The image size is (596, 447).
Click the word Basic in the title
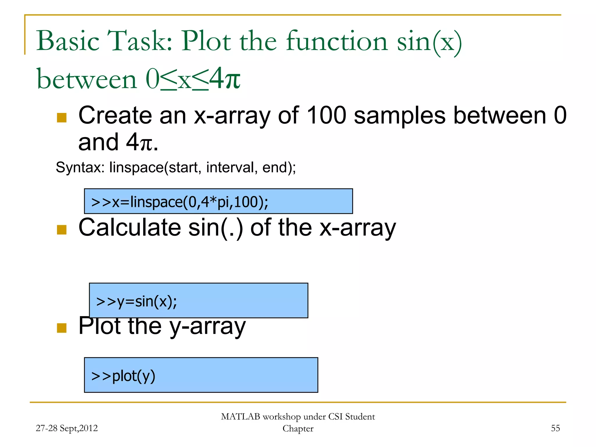68,41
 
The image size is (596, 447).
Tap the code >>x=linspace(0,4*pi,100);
180,202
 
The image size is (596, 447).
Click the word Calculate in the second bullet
130,228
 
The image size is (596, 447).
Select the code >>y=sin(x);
136,301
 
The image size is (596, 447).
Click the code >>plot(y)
123,376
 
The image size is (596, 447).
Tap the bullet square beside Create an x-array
62,118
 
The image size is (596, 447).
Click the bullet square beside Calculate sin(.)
62,230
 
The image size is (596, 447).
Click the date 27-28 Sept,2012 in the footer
67,428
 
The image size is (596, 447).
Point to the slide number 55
555,428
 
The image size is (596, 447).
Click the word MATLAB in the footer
240,417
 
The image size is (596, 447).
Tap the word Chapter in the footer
298,429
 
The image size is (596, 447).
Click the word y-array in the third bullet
207,327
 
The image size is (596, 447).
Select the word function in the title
337,41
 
